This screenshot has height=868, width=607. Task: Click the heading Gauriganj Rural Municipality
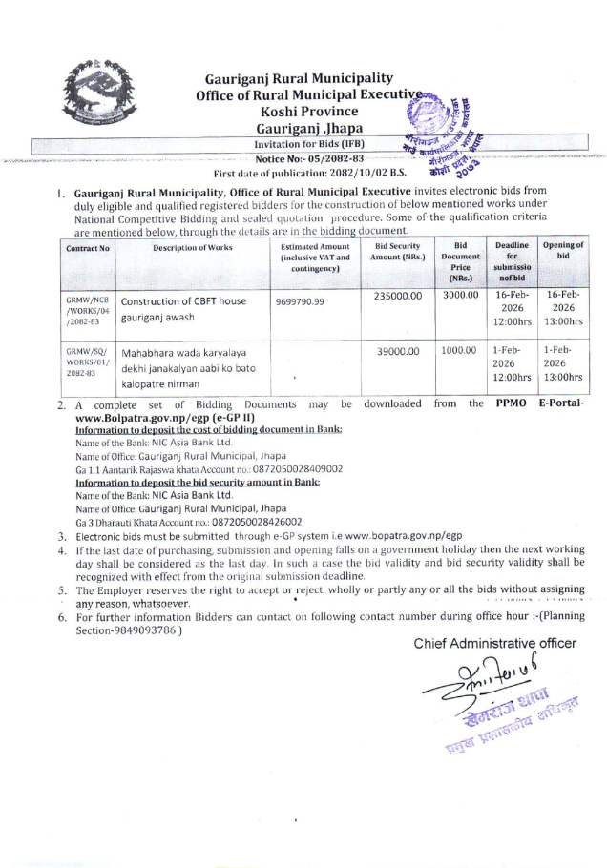pos(299,78)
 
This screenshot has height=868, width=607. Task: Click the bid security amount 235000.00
pos(399,297)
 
